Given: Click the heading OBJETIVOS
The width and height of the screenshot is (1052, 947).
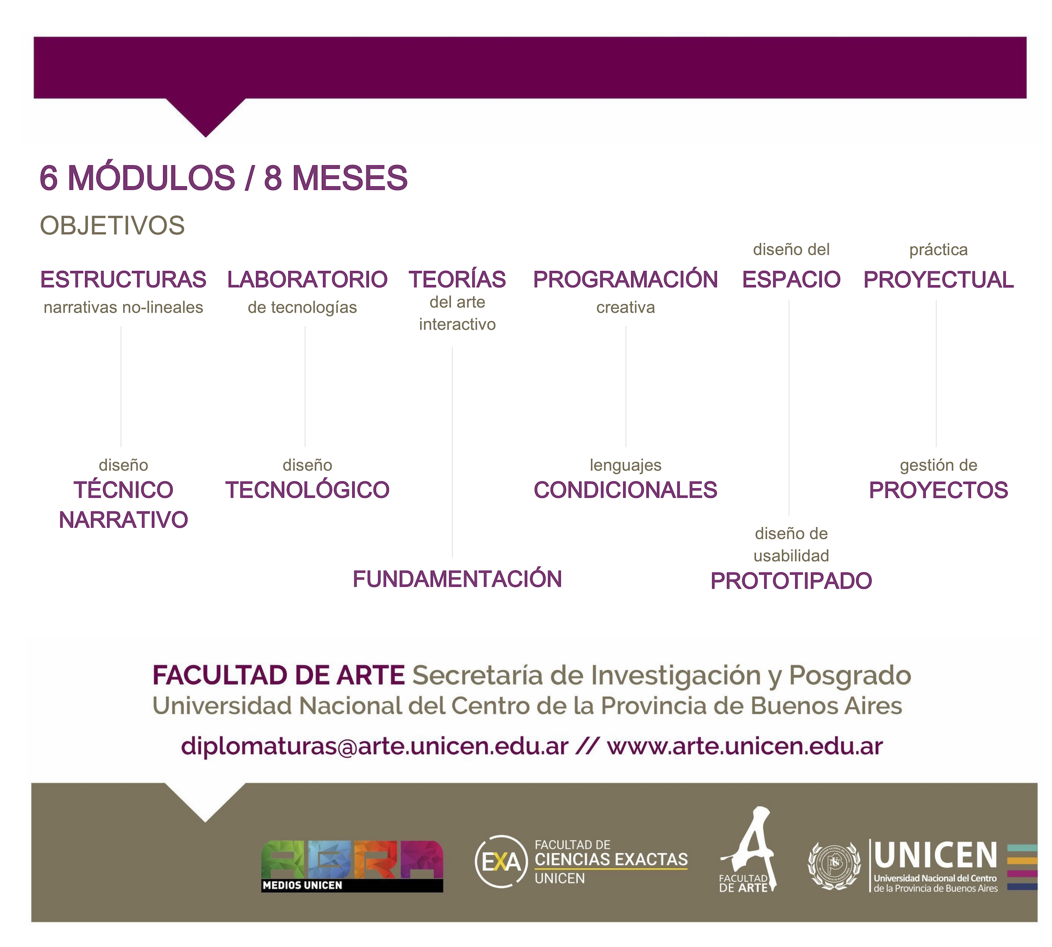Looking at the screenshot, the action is point(112,226).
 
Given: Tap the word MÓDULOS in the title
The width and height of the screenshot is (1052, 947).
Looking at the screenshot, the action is point(152,177).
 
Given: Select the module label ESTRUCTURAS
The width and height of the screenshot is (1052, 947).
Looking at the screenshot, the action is point(123,279).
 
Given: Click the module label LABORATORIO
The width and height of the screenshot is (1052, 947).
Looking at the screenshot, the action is point(307,279).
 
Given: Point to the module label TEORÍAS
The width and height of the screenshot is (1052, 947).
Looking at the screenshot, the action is point(457,279).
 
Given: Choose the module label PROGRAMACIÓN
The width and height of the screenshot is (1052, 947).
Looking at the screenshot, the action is point(625,279).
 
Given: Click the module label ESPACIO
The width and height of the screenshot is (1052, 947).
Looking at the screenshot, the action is point(791,279).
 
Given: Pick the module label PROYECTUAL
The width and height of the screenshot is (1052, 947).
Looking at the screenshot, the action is point(938,279).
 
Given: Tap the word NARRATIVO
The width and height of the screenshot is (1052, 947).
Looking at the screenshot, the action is point(123,520).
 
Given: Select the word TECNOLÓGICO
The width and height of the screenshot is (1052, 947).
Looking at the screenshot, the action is point(307,489).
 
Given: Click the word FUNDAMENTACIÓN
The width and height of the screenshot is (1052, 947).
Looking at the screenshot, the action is point(457,579).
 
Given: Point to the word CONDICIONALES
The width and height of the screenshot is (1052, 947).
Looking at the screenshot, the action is point(625,490).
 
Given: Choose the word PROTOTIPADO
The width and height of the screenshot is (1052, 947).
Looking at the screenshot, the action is point(791,581).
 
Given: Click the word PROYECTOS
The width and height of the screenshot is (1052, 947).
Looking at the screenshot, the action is point(938,490).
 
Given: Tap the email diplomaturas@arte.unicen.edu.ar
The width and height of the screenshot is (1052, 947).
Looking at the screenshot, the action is point(375,746).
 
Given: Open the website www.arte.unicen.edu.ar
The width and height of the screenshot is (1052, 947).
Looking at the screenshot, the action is point(745,746).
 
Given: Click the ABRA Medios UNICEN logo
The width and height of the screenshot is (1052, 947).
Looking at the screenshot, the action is point(352,866).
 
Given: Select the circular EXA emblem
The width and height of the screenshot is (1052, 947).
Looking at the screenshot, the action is point(501,862).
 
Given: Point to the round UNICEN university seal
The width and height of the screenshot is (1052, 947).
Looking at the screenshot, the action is point(834,866).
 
